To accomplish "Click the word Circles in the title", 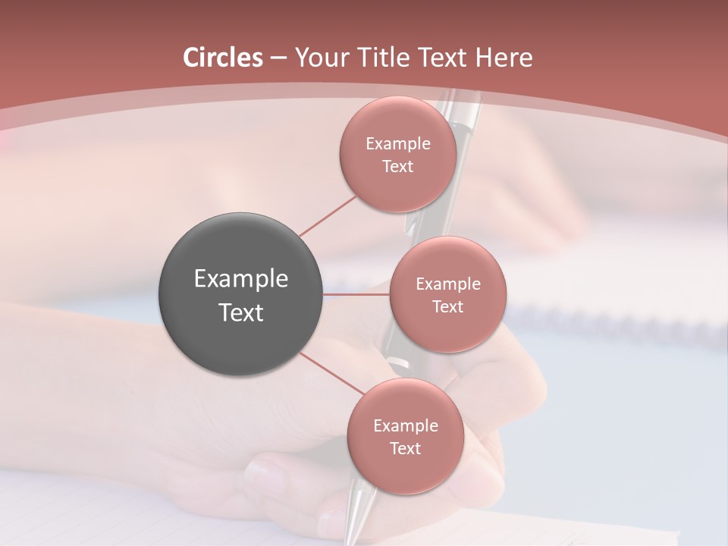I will [x=222, y=58].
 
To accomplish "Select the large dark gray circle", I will [x=240, y=294].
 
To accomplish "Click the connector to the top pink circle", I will [x=328, y=215].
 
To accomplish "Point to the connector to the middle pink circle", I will [x=356, y=294].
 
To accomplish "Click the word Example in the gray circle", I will [x=240, y=279].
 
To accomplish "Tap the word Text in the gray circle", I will [x=240, y=312].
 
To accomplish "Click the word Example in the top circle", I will [x=397, y=144].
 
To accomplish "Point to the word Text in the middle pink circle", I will [x=447, y=307].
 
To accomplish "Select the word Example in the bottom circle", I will [x=405, y=426].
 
